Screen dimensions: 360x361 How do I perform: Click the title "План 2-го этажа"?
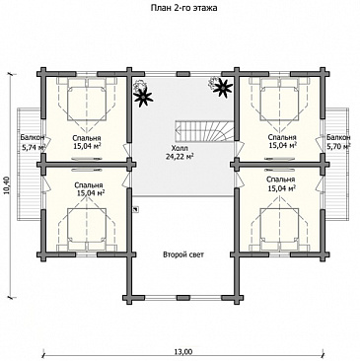pyautogui.click(x=183, y=8)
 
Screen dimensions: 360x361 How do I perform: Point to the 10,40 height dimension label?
pyautogui.click(x=7, y=185)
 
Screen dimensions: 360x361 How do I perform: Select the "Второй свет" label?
pyautogui.click(x=183, y=254)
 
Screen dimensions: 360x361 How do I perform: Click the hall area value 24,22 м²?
pyautogui.click(x=180, y=157)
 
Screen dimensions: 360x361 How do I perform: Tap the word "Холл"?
pyautogui.click(x=179, y=148)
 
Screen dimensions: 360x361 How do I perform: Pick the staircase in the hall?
pyautogui.click(x=205, y=130)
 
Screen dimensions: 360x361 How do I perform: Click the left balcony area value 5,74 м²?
pyautogui.click(x=34, y=148)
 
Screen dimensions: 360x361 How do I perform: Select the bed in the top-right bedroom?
pyautogui.click(x=279, y=100)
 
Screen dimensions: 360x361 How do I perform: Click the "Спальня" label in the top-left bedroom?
pyautogui.click(x=87, y=138)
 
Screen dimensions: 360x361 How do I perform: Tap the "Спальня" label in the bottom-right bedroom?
pyautogui.click(x=281, y=180)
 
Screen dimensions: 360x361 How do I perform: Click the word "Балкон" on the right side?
pyautogui.click(x=338, y=137)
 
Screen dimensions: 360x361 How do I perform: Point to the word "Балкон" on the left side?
pyautogui.click(x=33, y=137)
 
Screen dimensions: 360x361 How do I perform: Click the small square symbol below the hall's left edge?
pyautogui.click(x=135, y=209)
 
